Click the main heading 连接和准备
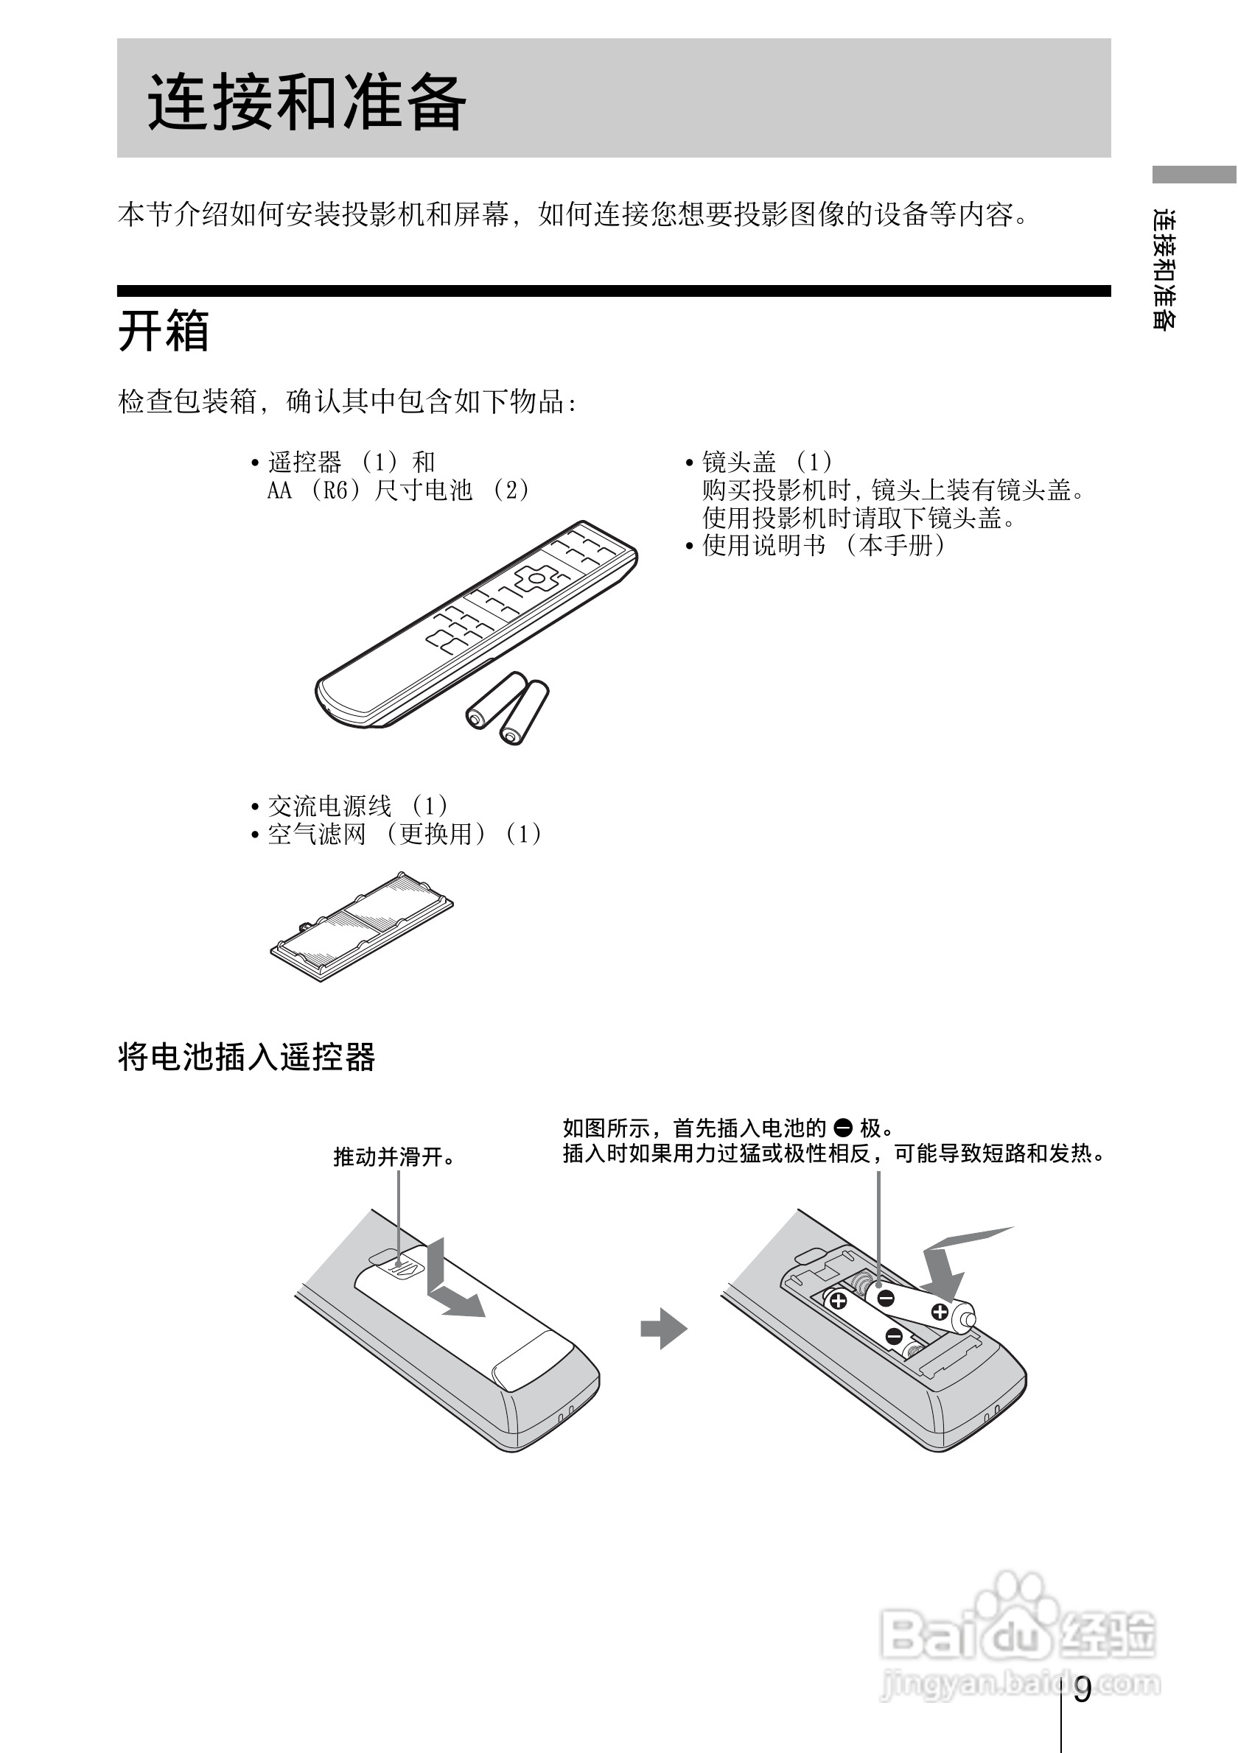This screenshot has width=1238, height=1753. pyautogui.click(x=307, y=102)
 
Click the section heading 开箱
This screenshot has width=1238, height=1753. pyautogui.click(x=164, y=331)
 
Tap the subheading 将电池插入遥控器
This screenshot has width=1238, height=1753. pyautogui.click(x=246, y=1058)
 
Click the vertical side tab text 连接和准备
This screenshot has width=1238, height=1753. pyautogui.click(x=1164, y=269)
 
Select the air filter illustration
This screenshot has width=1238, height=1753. pyautogui.click(x=361, y=926)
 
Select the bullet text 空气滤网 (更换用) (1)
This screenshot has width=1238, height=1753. pyautogui.click(x=405, y=834)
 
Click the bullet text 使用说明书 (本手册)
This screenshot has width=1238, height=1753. pyautogui.click(x=823, y=545)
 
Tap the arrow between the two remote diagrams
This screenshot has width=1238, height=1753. pyautogui.click(x=663, y=1329)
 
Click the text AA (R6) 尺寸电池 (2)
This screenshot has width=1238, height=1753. pyautogui.click(x=397, y=490)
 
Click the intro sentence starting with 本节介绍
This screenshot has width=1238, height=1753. pyautogui.click(x=573, y=214)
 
